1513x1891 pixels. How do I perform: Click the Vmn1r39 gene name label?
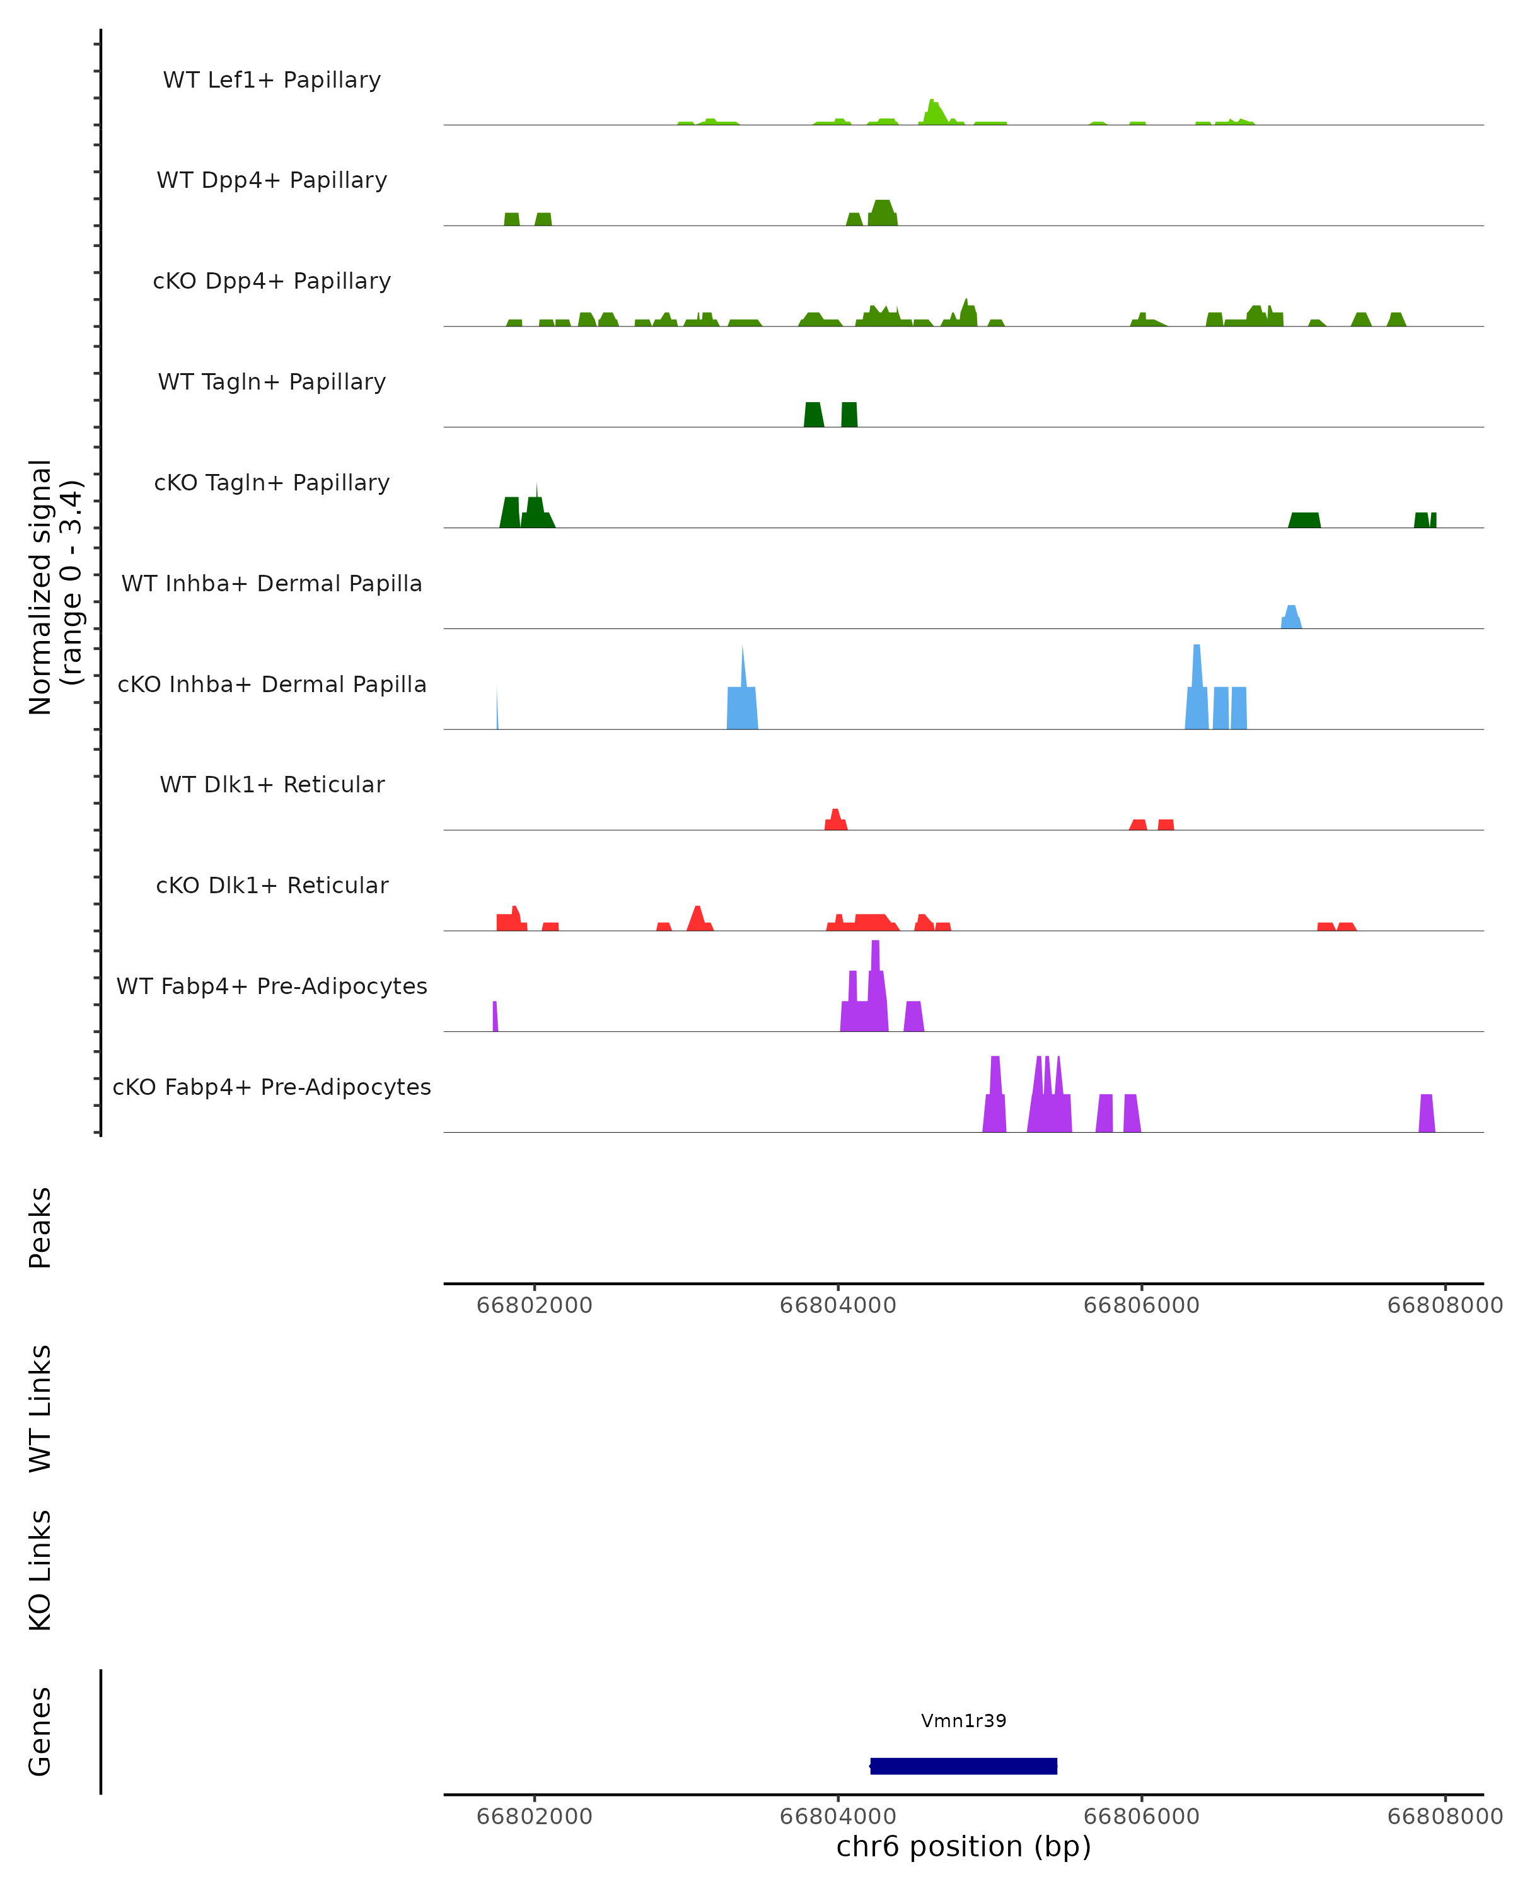963,1721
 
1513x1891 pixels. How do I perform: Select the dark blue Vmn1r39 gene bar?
963,1766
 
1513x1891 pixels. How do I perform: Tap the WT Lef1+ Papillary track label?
272,80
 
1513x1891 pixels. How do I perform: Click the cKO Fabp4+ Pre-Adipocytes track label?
272,1087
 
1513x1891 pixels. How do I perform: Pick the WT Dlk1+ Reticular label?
272,784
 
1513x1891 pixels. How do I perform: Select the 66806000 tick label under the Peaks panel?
1141,1305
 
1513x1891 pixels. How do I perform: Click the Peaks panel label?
40,1227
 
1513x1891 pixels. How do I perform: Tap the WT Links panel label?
40,1407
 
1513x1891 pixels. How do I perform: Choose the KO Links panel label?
40,1570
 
